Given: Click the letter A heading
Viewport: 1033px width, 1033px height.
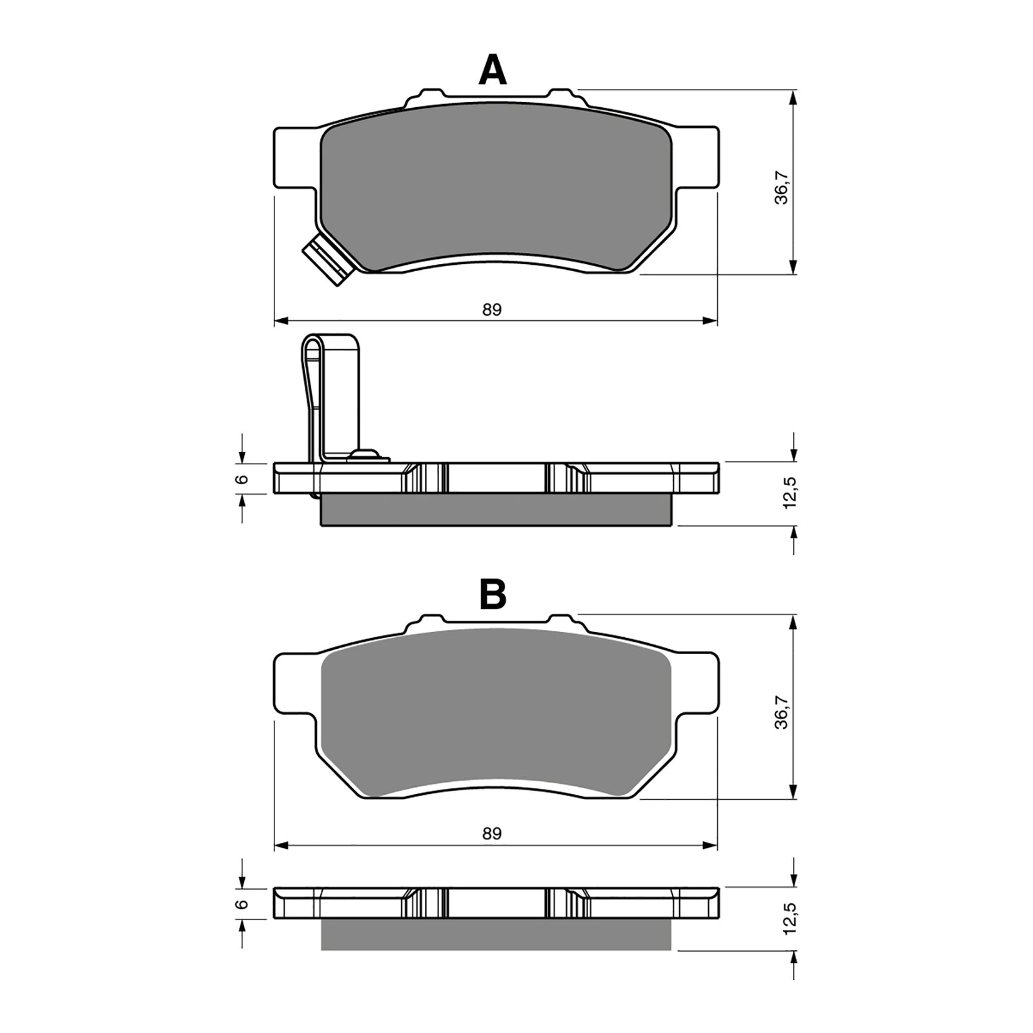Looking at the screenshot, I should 492,71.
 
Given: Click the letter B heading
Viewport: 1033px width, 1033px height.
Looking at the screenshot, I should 493,595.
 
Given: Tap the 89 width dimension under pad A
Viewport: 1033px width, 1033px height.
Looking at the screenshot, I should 492,310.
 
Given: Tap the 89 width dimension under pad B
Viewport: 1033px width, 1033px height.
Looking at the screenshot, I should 492,834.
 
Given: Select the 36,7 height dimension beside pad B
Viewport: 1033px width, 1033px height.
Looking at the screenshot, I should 782,713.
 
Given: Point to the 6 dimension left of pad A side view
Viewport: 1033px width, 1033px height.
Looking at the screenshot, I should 241,478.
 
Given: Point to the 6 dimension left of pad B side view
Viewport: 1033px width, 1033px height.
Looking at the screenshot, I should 241,904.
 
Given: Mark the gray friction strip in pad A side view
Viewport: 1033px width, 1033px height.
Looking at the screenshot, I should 496,510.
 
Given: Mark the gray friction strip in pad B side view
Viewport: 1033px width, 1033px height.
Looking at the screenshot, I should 496,934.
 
